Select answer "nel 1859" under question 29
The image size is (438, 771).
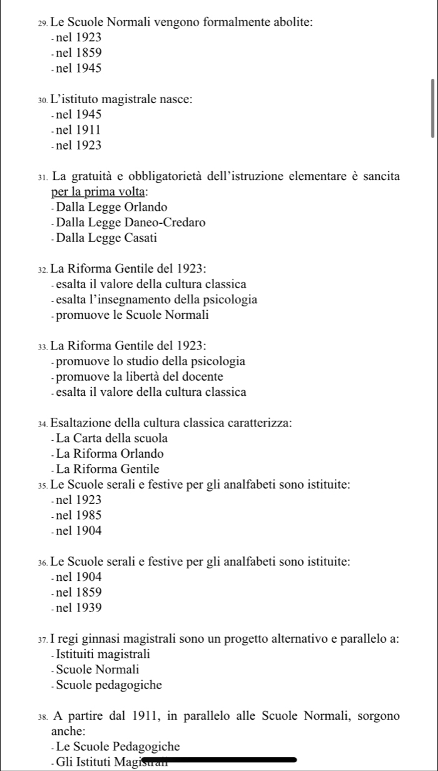tap(78, 53)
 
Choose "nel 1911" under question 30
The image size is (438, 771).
tap(78, 130)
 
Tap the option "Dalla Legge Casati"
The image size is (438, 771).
tap(106, 238)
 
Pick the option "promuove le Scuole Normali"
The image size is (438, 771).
tap(132, 315)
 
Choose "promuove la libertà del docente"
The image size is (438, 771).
tap(139, 376)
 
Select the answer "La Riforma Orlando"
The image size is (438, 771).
tap(109, 453)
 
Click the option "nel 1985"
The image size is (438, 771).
tap(78, 515)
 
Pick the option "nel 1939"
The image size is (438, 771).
tap(78, 607)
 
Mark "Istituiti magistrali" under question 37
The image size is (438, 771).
tap(103, 654)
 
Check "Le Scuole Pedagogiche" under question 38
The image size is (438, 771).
tap(118, 746)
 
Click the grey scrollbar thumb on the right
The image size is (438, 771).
tap(432, 108)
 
